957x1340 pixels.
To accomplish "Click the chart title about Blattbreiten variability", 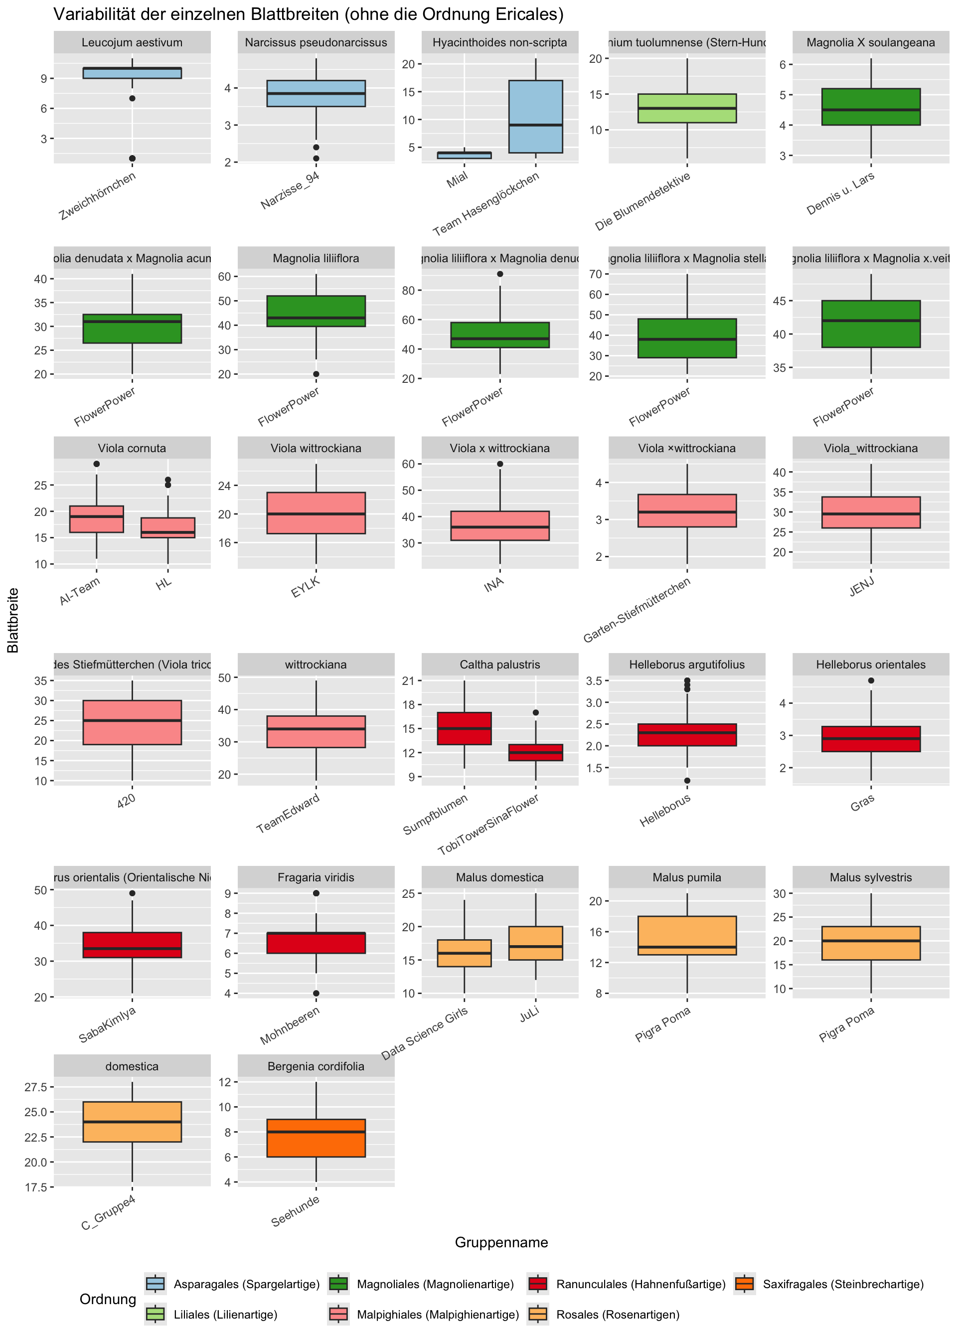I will pyautogui.click(x=308, y=14).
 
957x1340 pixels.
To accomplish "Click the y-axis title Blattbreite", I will pyautogui.click(x=13, y=621).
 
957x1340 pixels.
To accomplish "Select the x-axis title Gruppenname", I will pyautogui.click(x=501, y=1243).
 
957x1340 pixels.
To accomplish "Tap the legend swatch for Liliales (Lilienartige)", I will pyautogui.click(x=156, y=1314).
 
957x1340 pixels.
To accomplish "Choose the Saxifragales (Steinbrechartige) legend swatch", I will pyautogui.click(x=745, y=1284).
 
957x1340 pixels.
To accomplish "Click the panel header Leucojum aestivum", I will pyautogui.click(x=132, y=42).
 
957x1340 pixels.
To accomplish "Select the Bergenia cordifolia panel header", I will pyautogui.click(x=316, y=1067).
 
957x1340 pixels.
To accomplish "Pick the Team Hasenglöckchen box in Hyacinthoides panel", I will pyautogui.click(x=536, y=117).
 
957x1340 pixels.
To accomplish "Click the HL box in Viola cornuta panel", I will pyautogui.click(x=168, y=527).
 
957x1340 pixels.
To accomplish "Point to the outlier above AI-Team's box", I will pyautogui.click(x=97, y=464).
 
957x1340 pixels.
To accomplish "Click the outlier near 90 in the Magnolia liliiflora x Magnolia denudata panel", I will pyautogui.click(x=500, y=274).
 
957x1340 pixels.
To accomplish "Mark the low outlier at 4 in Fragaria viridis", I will pyautogui.click(x=316, y=994).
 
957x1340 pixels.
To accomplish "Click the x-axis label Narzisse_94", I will pyautogui.click(x=291, y=191).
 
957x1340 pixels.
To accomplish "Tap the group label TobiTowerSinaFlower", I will pyautogui.click(x=489, y=825).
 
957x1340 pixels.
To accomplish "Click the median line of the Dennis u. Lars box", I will pyautogui.click(x=870, y=110).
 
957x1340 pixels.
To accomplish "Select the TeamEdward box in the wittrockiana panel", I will pyautogui.click(x=316, y=732).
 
